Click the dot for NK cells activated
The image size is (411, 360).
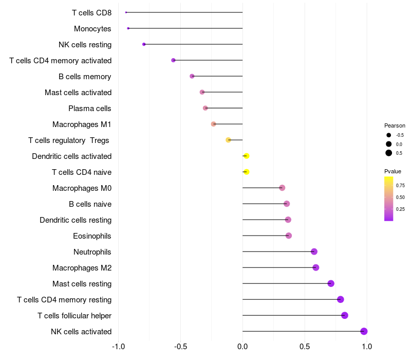coord(364,331)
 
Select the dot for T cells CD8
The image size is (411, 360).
coord(126,12)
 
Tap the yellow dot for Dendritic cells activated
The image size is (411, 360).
coord(246,156)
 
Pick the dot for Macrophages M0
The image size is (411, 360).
coord(282,188)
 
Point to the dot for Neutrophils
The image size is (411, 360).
coord(314,251)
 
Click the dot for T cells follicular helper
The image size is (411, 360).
coord(344,315)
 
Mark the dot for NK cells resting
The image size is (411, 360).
coord(144,44)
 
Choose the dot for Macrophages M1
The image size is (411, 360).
coord(214,124)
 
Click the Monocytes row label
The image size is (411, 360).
coord(92,29)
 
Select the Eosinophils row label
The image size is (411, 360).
coord(92,236)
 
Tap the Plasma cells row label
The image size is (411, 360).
coord(90,109)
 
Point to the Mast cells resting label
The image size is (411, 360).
coord(82,284)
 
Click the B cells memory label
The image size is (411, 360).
coord(85,77)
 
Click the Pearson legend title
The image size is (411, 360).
coord(395,125)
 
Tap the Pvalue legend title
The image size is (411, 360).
coord(393,171)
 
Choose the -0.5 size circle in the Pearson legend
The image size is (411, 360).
coord(389,135)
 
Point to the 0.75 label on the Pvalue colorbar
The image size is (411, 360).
coord(400,185)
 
